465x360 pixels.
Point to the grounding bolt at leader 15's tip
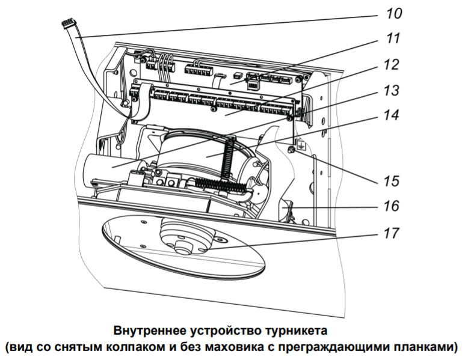(x=291, y=148)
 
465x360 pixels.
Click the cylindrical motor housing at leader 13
(x=108, y=163)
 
